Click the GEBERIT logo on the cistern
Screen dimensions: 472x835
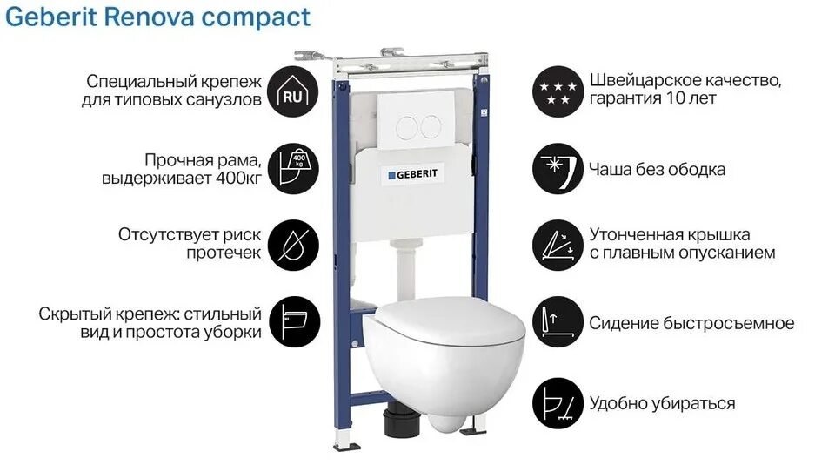click(415, 174)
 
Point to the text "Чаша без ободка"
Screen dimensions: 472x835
click(657, 169)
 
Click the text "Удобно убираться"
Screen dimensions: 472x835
click(662, 403)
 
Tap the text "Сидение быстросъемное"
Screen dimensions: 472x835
click(691, 323)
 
